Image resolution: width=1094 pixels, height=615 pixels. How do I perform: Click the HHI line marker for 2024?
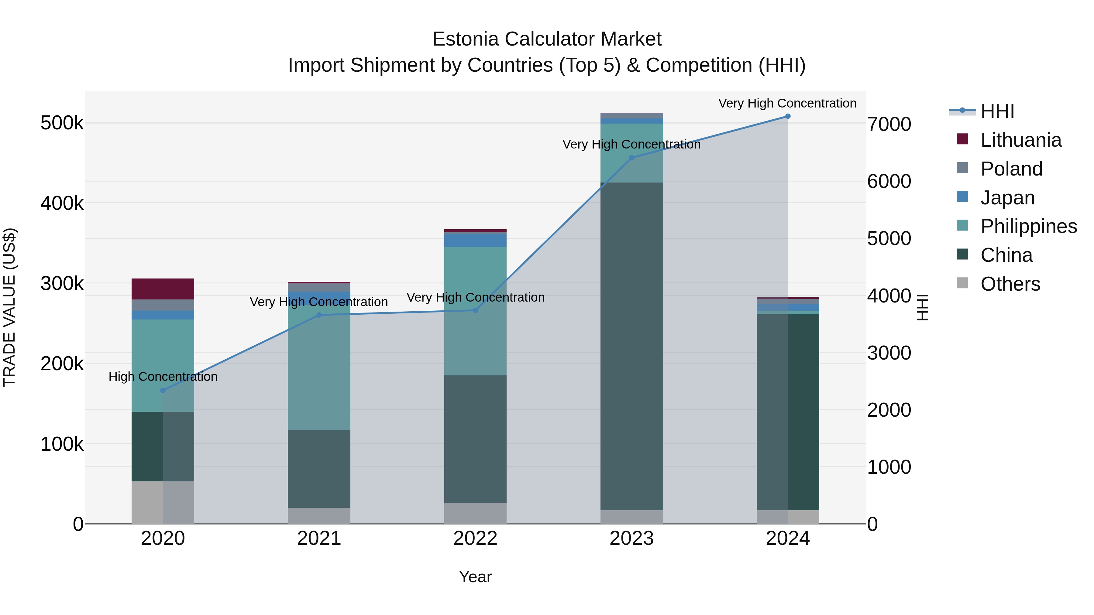pos(787,116)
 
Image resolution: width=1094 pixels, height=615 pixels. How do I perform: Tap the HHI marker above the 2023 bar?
pos(631,158)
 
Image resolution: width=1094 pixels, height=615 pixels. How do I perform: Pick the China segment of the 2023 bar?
pos(631,346)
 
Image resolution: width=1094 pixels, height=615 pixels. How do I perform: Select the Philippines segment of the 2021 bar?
pos(319,367)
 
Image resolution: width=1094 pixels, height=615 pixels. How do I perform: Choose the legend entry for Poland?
pos(1011,169)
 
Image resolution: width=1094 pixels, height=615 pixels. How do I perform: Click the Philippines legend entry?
pos(1028,226)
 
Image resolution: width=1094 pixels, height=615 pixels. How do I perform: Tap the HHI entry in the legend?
pos(997,111)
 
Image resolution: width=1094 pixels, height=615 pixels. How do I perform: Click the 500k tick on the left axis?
pos(62,124)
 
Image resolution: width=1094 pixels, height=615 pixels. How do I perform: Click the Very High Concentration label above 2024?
pos(787,103)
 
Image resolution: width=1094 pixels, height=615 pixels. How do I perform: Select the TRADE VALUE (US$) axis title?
pos(9,307)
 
